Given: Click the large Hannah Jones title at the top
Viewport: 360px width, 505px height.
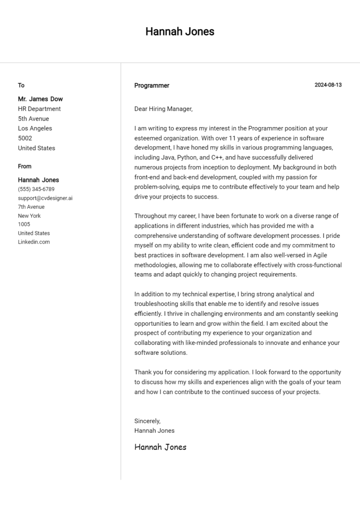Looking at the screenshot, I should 180,31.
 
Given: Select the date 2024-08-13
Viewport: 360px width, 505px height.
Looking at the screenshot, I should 328,85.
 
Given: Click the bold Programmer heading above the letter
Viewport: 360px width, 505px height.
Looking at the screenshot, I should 151,86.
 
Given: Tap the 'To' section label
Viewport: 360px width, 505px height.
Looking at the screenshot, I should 21,85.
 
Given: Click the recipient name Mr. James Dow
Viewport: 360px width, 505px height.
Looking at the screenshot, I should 40,99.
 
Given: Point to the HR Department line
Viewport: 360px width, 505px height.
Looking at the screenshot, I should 39,109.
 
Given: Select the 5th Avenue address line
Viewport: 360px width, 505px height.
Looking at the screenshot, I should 33,119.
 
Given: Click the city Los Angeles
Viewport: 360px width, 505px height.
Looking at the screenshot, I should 35,128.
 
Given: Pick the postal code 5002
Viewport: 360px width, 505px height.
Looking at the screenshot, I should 25,138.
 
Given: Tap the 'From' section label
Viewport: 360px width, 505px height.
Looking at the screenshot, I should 25,166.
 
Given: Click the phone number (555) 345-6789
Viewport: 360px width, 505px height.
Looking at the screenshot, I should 36,189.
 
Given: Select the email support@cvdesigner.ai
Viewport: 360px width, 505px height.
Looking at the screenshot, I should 45,198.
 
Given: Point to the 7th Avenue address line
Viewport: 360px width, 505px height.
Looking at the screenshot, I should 31,207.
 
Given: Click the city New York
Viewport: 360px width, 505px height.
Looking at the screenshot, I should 29,216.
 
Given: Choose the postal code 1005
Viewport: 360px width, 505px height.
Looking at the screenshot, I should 24,224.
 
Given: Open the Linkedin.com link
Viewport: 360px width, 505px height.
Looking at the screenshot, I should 34,242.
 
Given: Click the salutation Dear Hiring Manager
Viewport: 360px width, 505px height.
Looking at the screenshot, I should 163,109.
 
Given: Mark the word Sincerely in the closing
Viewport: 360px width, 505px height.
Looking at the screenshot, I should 147,421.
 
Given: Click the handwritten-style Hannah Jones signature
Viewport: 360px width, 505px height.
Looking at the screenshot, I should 160,447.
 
